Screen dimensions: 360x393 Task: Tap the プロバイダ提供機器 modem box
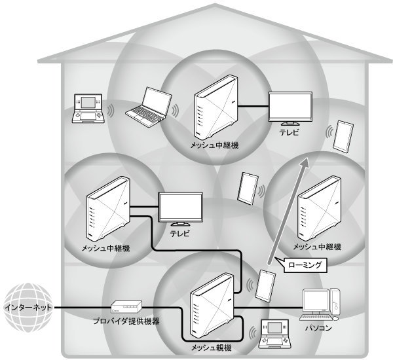pyautogui.click(x=126, y=306)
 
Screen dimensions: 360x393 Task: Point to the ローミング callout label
pyautogui.click(x=303, y=266)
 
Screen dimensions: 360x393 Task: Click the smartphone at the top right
pyautogui.click(x=344, y=135)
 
